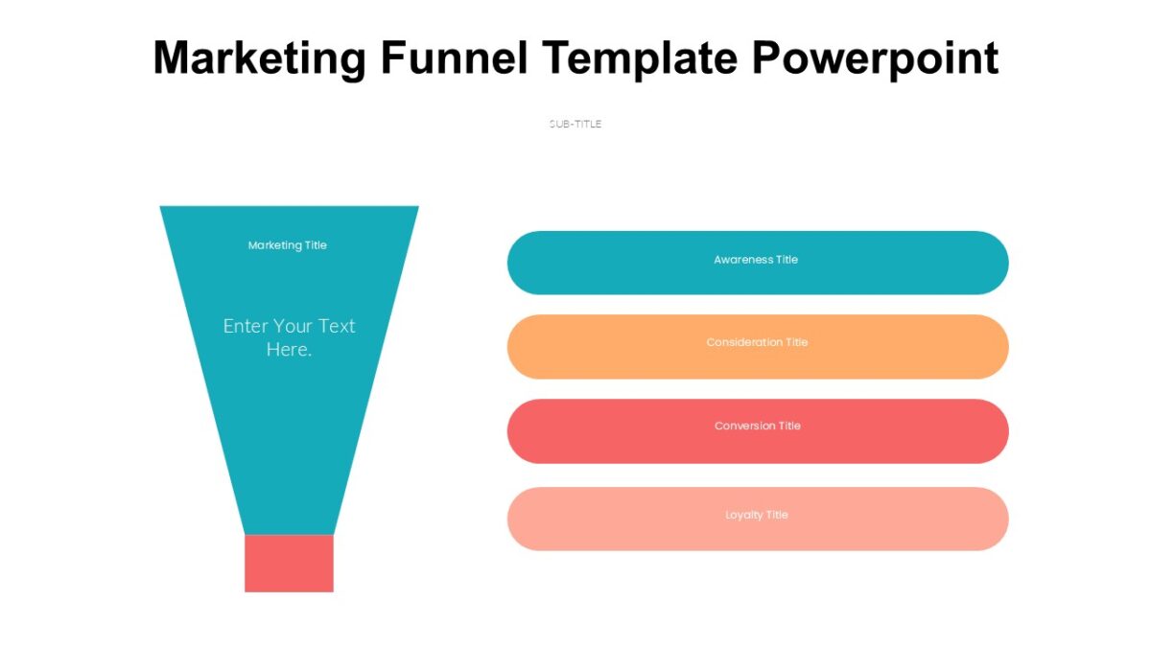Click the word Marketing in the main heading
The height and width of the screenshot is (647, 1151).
(259, 58)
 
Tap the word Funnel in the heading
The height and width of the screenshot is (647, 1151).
(454, 58)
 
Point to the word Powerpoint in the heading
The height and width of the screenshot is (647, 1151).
(875, 59)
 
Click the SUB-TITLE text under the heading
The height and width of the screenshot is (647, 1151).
(575, 124)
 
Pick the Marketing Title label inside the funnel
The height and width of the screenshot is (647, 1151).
(288, 245)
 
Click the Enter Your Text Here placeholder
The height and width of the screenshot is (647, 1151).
(289, 337)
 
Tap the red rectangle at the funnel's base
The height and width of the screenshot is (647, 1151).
(289, 564)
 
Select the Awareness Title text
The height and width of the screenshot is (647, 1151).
(756, 260)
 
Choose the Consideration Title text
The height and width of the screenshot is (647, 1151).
(757, 342)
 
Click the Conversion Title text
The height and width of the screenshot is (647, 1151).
(757, 426)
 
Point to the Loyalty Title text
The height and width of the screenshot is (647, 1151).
(757, 515)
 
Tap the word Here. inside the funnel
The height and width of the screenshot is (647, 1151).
(289, 350)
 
